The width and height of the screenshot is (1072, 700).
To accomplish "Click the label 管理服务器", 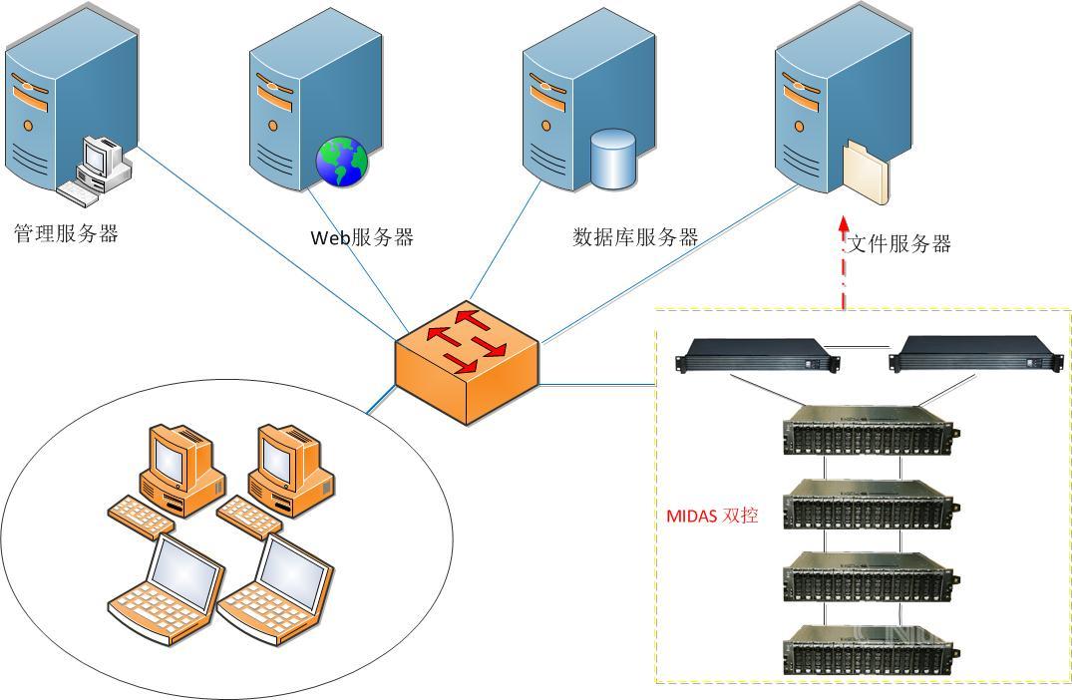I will point(66,234).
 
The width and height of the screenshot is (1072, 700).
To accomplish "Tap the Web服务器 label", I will point(362,237).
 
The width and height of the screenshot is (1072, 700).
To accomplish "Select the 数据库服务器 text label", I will point(635,237).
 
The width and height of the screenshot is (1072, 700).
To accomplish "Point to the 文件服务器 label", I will point(898,243).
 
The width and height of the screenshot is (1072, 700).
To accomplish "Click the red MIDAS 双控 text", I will point(712,517).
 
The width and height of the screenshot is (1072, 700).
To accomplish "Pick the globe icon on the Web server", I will point(342,162).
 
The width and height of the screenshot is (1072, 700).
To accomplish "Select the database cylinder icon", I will point(612,159).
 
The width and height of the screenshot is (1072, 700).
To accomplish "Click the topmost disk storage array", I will point(870,431).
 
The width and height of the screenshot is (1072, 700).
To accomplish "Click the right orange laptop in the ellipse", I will point(276,585).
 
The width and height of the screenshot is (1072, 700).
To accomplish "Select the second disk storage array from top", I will point(870,505).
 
